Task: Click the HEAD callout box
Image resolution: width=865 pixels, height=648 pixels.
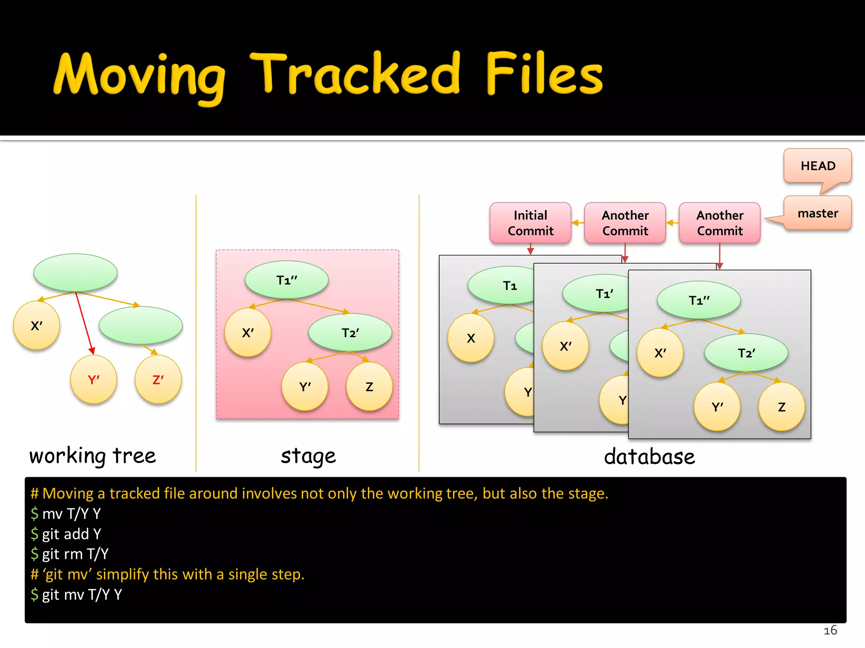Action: pyautogui.click(x=817, y=166)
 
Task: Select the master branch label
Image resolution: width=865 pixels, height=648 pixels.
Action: pyautogui.click(x=817, y=213)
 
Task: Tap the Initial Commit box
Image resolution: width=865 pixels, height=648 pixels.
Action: pyautogui.click(x=530, y=223)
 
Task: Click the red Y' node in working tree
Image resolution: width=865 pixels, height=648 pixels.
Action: pyautogui.click(x=93, y=380)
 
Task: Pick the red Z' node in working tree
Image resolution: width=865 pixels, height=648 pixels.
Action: pyautogui.click(x=158, y=380)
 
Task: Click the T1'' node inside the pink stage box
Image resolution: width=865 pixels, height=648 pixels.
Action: pyautogui.click(x=286, y=280)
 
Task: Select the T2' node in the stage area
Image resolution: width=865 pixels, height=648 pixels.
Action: pyautogui.click(x=350, y=333)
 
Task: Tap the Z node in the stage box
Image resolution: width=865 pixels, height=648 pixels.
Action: pyautogui.click(x=369, y=387)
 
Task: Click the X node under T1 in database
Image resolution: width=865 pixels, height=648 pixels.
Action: pyautogui.click(x=471, y=338)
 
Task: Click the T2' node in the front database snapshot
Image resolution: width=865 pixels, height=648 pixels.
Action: pyautogui.click(x=746, y=353)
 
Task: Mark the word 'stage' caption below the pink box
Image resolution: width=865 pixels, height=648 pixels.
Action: pyautogui.click(x=308, y=456)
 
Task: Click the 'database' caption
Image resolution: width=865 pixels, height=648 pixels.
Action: pyautogui.click(x=649, y=457)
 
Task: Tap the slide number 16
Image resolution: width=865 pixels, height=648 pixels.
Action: pyautogui.click(x=830, y=630)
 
